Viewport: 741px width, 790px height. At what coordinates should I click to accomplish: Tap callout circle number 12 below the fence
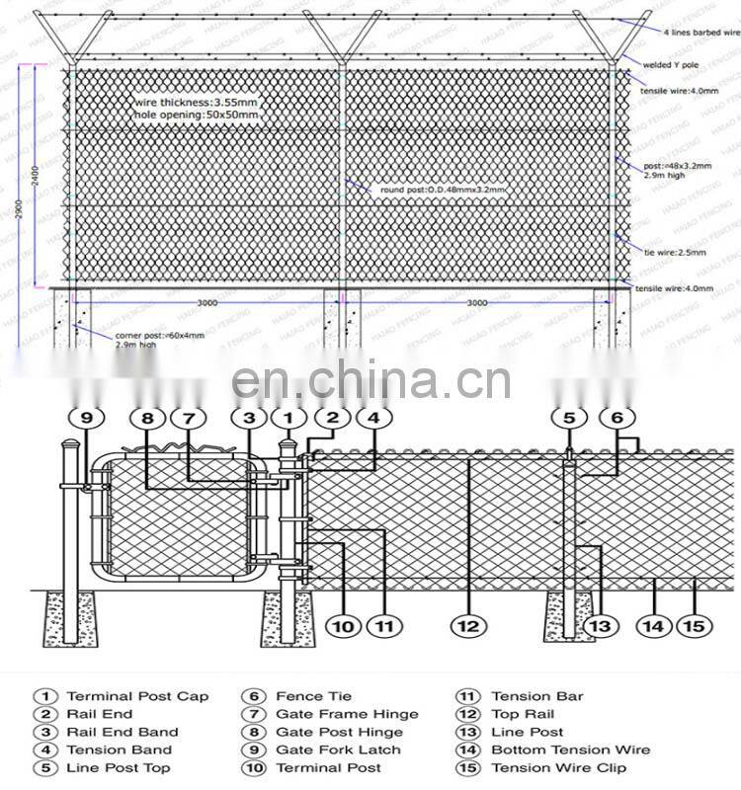click(x=468, y=625)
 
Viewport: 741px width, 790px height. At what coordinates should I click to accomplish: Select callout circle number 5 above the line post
click(x=569, y=419)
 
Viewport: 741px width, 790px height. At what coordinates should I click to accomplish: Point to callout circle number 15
click(x=695, y=625)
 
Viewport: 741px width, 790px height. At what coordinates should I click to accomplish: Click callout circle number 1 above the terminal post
click(x=288, y=419)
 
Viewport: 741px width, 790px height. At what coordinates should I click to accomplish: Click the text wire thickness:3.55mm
click(x=198, y=101)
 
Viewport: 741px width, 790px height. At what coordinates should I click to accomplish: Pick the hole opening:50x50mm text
click(x=197, y=116)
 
